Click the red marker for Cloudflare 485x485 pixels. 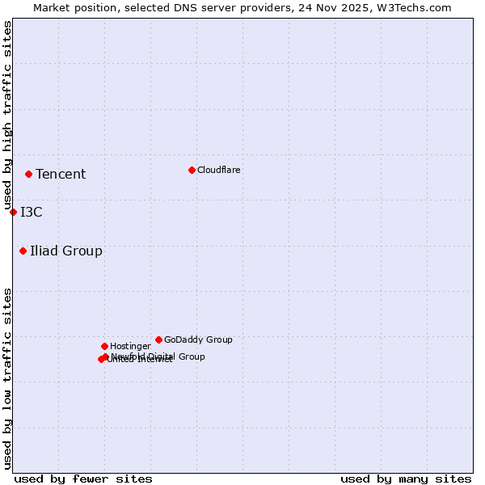tap(192, 170)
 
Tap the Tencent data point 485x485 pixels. tap(28, 174)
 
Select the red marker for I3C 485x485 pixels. tap(13, 212)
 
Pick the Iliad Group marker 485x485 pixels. tap(23, 251)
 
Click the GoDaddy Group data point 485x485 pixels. tap(158, 339)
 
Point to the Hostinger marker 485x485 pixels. tap(104, 346)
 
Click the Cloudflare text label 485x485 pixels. tap(218, 170)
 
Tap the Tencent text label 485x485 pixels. tap(61, 174)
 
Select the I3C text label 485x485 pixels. tap(32, 212)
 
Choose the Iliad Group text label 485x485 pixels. tap(66, 251)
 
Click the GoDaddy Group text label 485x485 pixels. tap(198, 339)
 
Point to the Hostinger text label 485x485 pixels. tap(130, 346)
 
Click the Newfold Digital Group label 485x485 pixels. tap(158, 356)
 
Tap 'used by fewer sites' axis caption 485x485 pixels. tap(83, 479)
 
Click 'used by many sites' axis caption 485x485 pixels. tap(406, 479)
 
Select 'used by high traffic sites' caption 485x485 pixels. tap(7, 116)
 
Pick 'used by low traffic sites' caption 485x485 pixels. tap(7, 378)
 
